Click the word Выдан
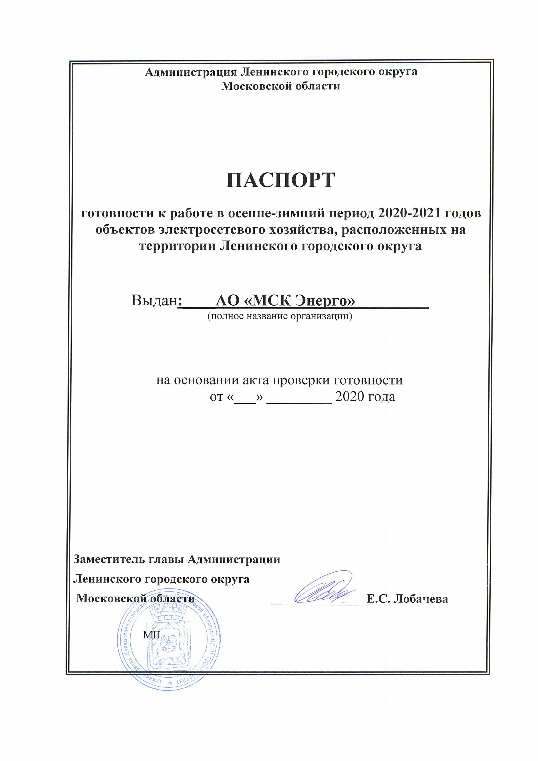154,300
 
